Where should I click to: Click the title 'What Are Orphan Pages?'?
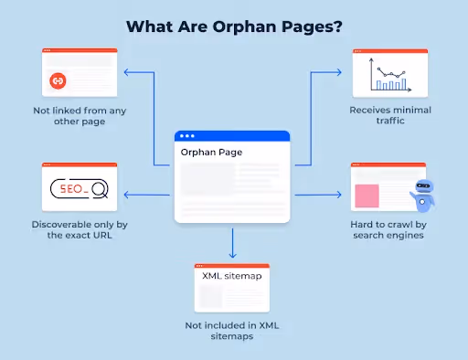233,26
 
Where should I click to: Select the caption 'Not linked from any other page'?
80,116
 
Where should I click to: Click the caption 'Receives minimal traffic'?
390,116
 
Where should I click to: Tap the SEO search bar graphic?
79,189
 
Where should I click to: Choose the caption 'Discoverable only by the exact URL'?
79,229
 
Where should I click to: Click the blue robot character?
423,194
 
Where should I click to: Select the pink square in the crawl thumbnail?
367,195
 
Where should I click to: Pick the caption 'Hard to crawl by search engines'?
390,229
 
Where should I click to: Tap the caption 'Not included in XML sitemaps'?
232,331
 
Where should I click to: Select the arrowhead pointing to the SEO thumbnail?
126,194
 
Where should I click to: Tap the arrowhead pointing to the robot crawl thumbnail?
340,194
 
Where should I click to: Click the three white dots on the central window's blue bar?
188,136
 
